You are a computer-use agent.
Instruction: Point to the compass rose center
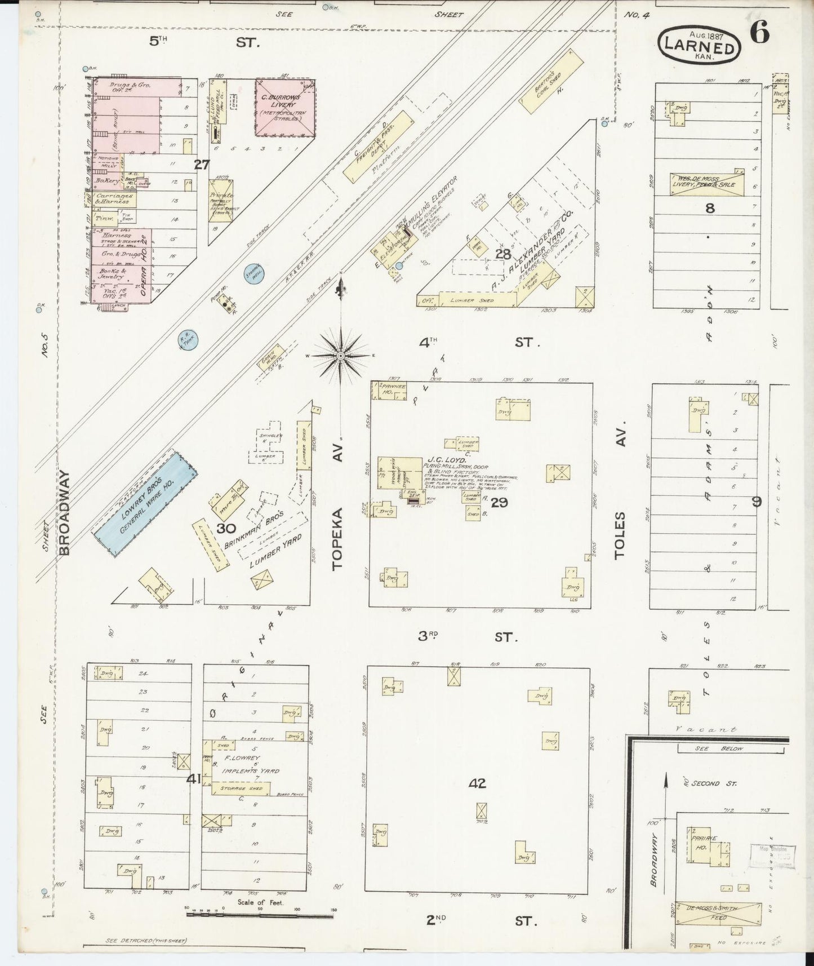(341, 356)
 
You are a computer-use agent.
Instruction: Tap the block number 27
(202, 165)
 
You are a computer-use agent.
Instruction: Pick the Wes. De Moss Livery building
(706, 184)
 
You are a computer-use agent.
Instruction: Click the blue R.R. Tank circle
(187, 340)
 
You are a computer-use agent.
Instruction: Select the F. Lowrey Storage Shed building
(241, 788)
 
